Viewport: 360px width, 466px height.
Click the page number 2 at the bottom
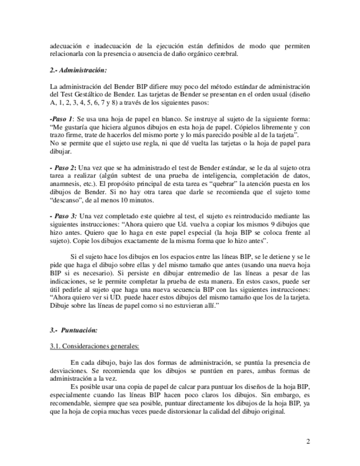pos(308,441)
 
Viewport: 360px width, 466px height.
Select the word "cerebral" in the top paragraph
pos(225,54)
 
